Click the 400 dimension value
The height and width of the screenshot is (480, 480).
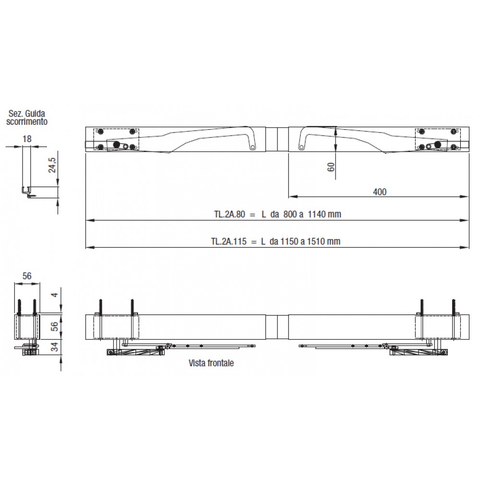[379, 192]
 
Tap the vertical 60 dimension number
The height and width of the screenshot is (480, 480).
[331, 167]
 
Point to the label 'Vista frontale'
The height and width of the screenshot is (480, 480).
[211, 363]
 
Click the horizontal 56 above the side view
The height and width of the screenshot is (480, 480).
[27, 276]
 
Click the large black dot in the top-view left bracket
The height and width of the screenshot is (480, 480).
[116, 144]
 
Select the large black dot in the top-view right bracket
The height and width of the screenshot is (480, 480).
[437, 144]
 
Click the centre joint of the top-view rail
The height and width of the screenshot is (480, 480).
[277, 139]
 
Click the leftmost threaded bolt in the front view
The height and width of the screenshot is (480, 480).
[100, 307]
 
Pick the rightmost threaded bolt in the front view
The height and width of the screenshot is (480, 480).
[452, 307]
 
